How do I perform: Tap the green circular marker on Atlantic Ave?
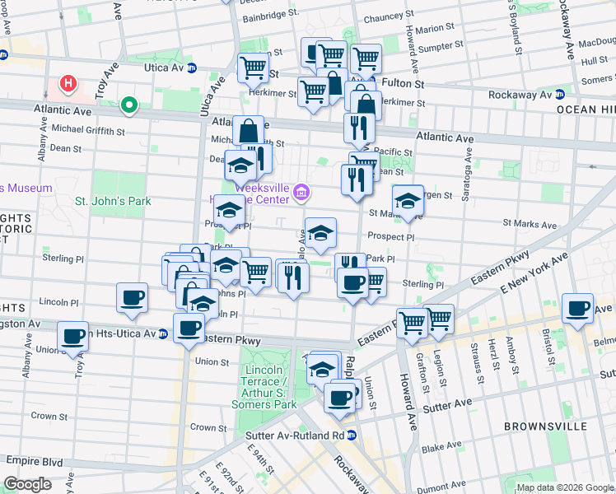pyautogui.click(x=128, y=105)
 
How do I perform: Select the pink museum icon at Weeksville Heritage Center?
pyautogui.click(x=302, y=194)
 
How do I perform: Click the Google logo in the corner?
pyautogui.click(x=27, y=484)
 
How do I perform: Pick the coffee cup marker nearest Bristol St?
pyautogui.click(x=578, y=309)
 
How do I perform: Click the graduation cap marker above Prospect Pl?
pyautogui.click(x=320, y=232)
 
